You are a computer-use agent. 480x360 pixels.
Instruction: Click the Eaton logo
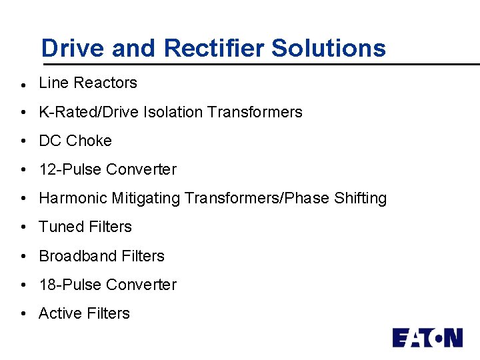[x=427, y=337]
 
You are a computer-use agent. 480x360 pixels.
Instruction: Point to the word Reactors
[x=105, y=83]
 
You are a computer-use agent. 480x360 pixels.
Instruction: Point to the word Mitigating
[x=147, y=198]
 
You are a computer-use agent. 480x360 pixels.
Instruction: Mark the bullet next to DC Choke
[x=23, y=141]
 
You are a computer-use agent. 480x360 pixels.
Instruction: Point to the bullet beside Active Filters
[x=23, y=314]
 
